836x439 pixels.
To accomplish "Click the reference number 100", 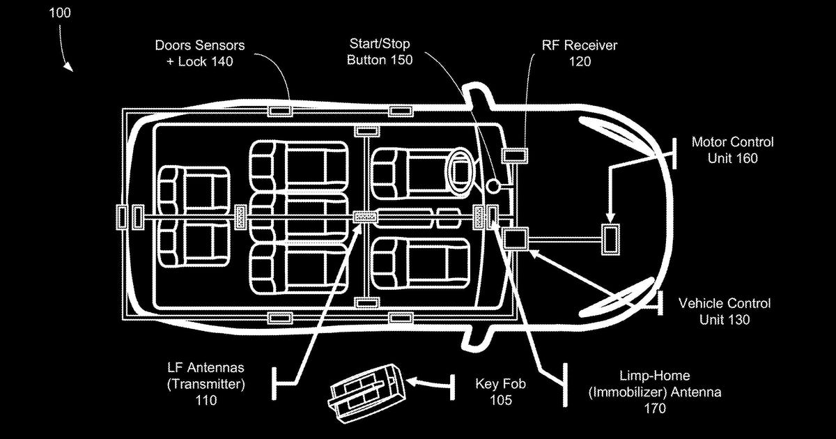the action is (x=60, y=13).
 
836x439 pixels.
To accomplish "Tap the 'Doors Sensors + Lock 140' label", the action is (x=200, y=53).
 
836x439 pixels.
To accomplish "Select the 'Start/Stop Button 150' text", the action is (x=380, y=52).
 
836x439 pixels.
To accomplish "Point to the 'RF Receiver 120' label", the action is (x=580, y=53).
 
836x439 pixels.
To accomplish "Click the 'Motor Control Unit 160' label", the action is (x=733, y=150).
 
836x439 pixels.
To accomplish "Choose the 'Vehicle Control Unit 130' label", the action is (x=725, y=311).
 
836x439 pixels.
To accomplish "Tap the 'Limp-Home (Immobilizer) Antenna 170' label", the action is (x=655, y=392).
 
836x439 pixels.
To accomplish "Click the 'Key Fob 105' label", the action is (x=500, y=392).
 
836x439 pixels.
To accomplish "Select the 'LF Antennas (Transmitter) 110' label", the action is (x=206, y=384).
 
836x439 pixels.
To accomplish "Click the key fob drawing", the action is (x=366, y=394).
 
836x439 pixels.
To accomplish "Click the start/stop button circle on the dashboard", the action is (x=493, y=185).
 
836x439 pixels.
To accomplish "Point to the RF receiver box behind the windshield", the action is (x=515, y=155).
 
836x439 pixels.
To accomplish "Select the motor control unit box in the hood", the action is (x=610, y=239).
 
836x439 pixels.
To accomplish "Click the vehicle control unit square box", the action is (x=516, y=238).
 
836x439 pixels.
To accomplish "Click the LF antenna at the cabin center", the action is (x=364, y=217).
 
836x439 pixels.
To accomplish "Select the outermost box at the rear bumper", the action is (x=121, y=217).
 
